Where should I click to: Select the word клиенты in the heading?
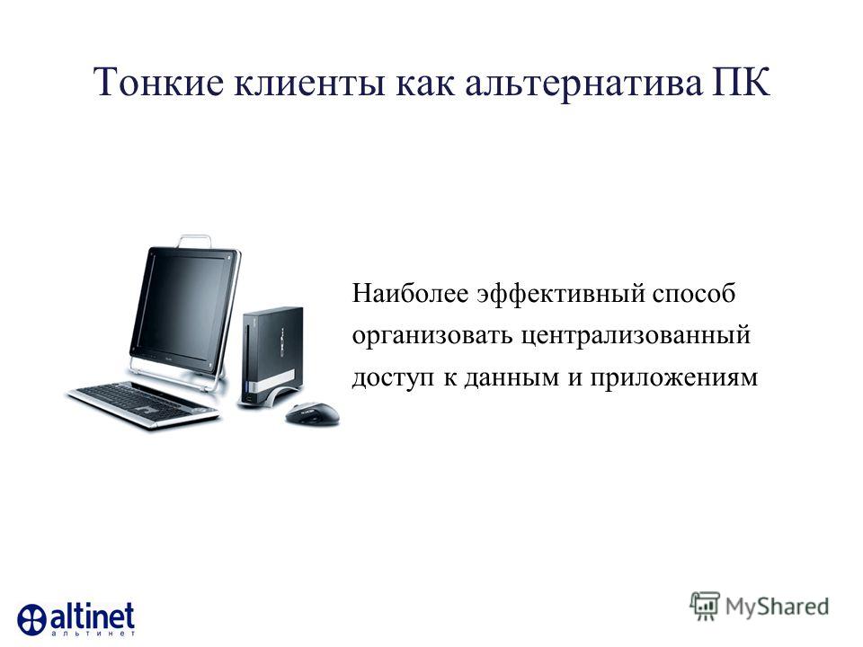coord(309,84)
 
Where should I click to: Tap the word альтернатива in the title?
coord(583,84)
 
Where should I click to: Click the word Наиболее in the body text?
coord(410,293)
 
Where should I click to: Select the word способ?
coord(694,293)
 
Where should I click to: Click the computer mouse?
coord(313,413)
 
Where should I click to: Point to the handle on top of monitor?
coord(194,241)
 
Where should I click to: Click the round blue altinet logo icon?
coord(32,619)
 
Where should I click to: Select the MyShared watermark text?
coord(777,607)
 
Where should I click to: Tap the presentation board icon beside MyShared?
coord(705,606)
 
